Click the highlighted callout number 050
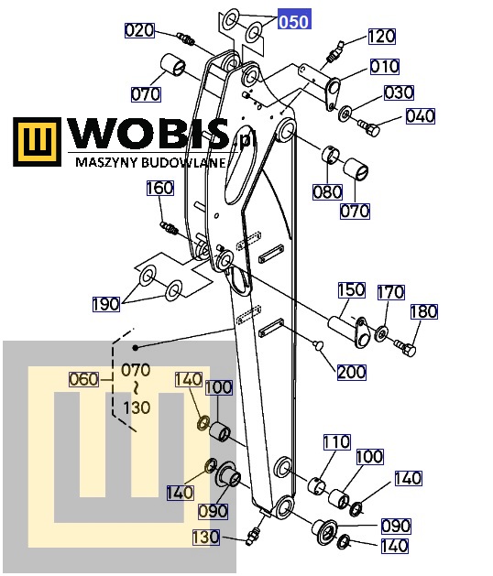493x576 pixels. click(x=294, y=21)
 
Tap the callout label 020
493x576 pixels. click(x=139, y=30)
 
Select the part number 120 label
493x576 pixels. click(x=381, y=37)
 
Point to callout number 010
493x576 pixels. click(x=384, y=67)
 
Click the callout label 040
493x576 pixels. click(x=421, y=116)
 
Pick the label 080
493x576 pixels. click(x=327, y=191)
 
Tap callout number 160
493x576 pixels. click(x=160, y=188)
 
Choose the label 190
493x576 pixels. click(x=106, y=304)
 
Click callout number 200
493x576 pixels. click(x=352, y=372)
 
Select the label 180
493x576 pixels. click(x=424, y=311)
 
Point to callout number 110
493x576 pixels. click(x=336, y=442)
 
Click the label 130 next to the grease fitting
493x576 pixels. click(x=206, y=537)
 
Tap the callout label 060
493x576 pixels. click(x=83, y=379)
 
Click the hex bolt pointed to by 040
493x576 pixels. click(x=368, y=127)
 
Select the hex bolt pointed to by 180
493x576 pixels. click(x=405, y=347)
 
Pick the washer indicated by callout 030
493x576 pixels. click(x=345, y=114)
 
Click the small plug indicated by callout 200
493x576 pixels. click(x=318, y=344)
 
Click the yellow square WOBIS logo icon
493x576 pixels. click(x=38, y=141)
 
